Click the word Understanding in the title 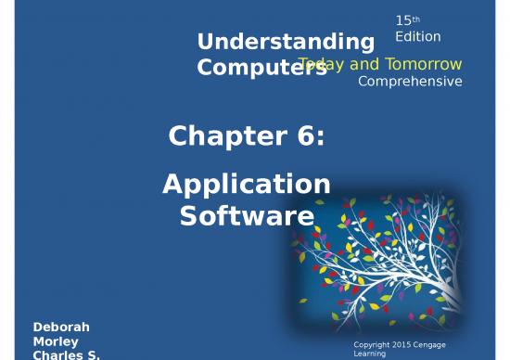pyautogui.click(x=286, y=42)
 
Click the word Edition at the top pyautogui.click(x=417, y=36)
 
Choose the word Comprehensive pyautogui.click(x=410, y=82)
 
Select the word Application pyautogui.click(x=247, y=185)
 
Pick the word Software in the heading pyautogui.click(x=247, y=216)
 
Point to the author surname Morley pyautogui.click(x=56, y=341)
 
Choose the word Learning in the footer pyautogui.click(x=373, y=354)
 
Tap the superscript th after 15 pyautogui.click(x=416, y=16)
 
